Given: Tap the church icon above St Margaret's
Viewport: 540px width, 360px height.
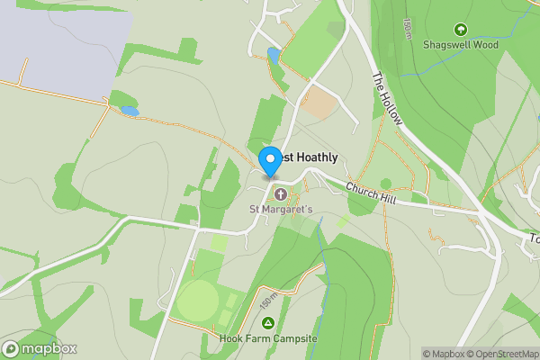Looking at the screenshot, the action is pyautogui.click(x=280, y=194).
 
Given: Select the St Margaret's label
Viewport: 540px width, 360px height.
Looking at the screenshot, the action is pyautogui.click(x=281, y=210).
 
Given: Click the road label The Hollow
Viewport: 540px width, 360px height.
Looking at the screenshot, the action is pyautogui.click(x=388, y=98).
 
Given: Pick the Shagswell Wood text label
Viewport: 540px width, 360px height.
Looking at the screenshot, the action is pyautogui.click(x=462, y=44).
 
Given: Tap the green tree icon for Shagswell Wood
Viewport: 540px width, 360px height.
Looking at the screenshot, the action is pyautogui.click(x=462, y=30).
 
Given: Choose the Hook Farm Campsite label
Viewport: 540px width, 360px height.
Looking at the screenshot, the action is pyautogui.click(x=267, y=339).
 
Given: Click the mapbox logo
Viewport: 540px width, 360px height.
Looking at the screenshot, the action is pyautogui.click(x=40, y=348).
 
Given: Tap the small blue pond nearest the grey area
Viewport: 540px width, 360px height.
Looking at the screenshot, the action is pyautogui.click(x=130, y=111).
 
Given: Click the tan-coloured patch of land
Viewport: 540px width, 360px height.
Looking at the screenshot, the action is pyautogui.click(x=319, y=103).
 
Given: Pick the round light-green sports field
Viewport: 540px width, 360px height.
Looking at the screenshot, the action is pyautogui.click(x=197, y=301).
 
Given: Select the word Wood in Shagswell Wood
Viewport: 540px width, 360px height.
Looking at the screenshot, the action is pyautogui.click(x=483, y=44).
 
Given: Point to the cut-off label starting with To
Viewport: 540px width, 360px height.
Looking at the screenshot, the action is pyautogui.click(x=533, y=239).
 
